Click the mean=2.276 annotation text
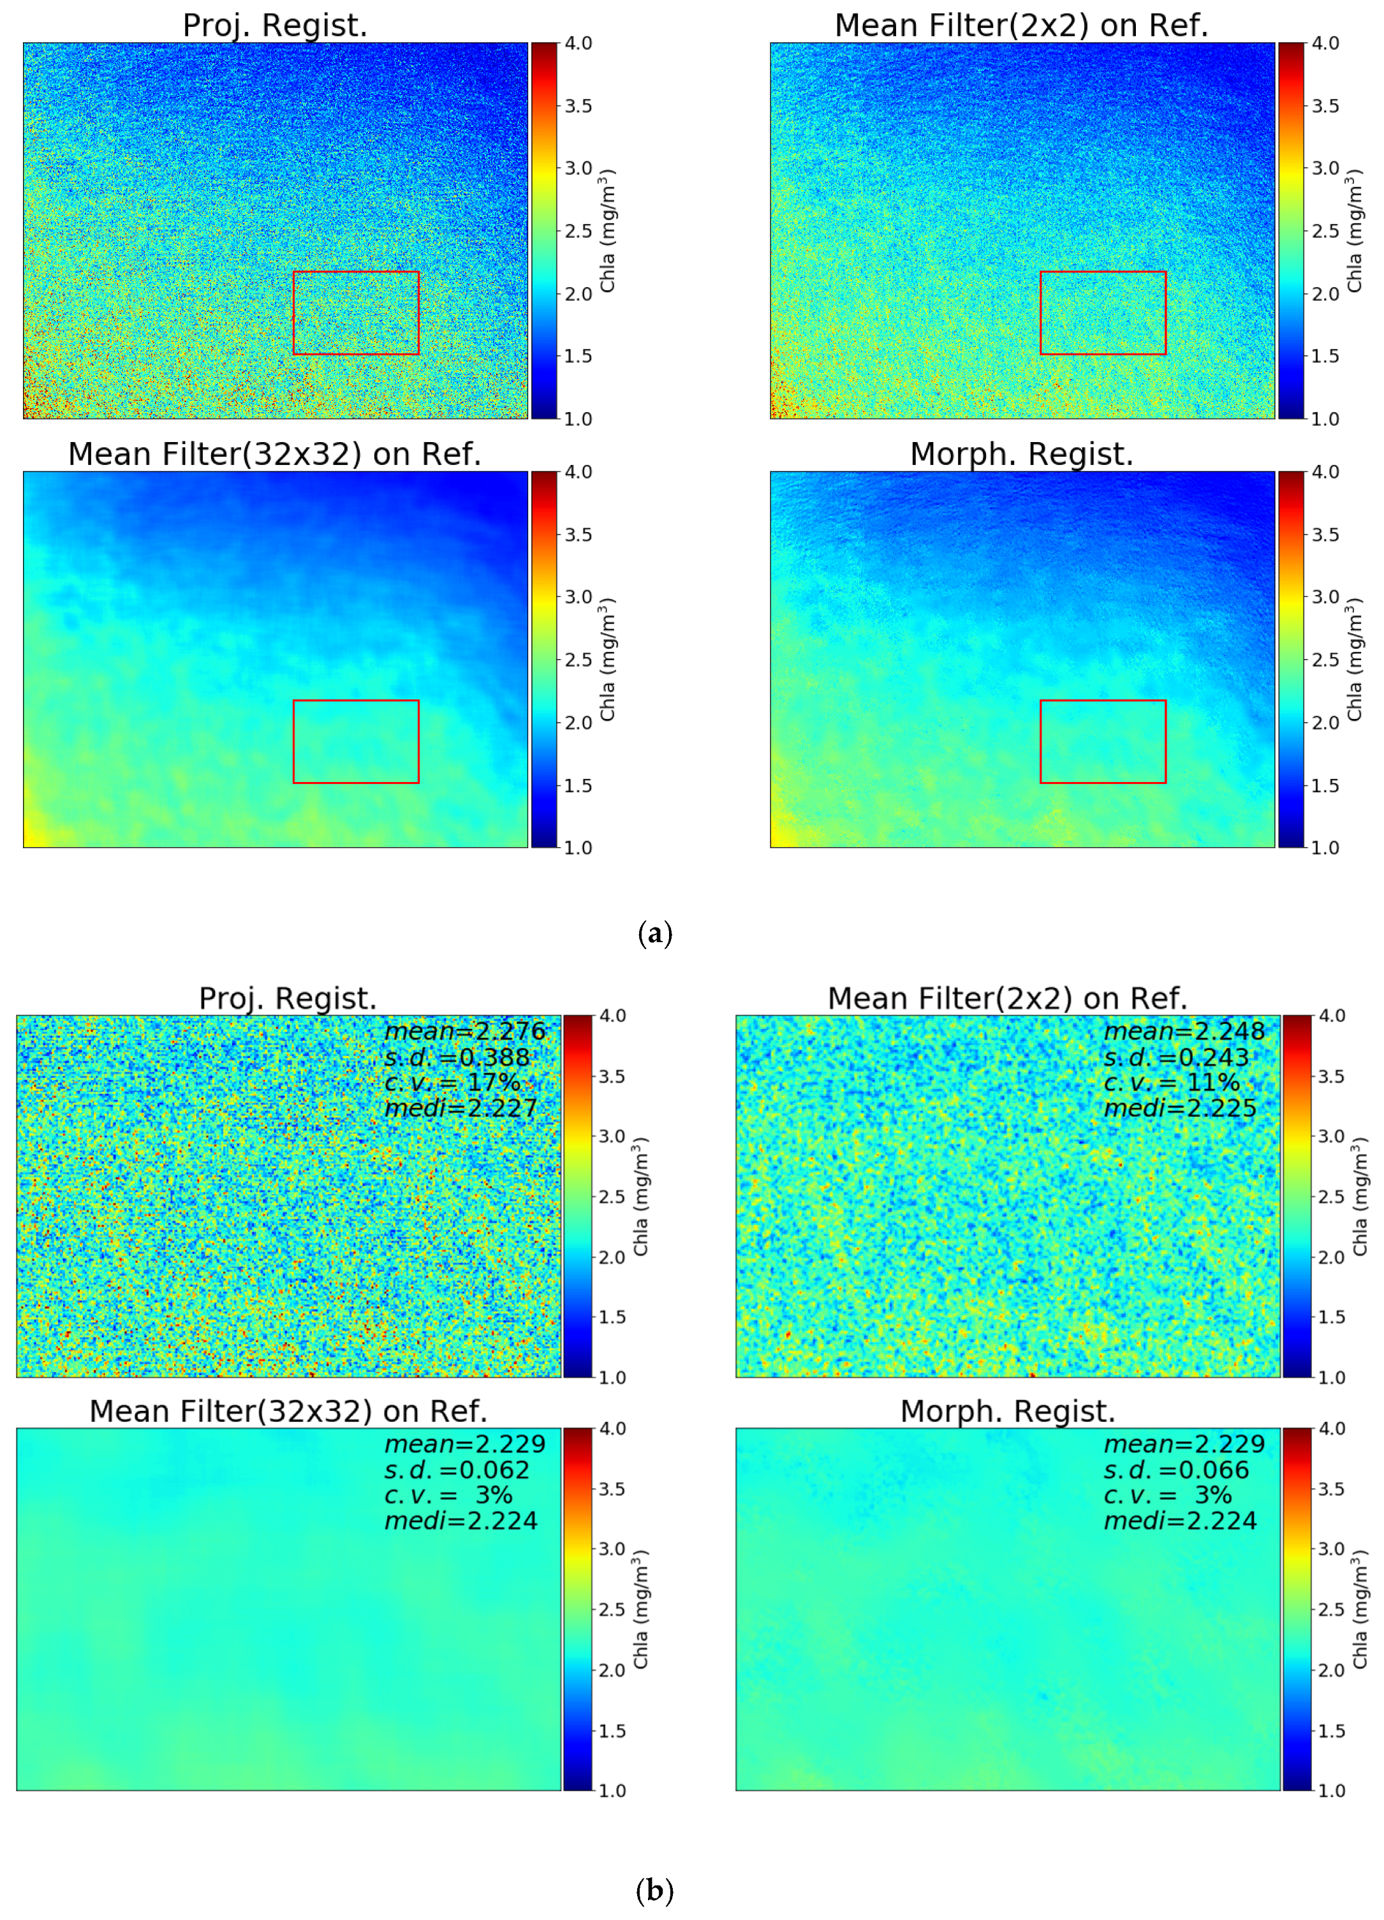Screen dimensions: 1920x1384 point(465,1031)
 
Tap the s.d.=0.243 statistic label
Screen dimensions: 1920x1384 point(1176,1058)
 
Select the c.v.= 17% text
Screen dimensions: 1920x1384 point(452,1082)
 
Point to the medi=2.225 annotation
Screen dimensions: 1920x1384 point(1180,1108)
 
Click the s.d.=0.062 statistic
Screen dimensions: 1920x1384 point(456,1470)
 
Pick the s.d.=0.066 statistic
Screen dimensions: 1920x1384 point(1176,1470)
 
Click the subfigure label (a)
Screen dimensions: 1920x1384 point(654,934)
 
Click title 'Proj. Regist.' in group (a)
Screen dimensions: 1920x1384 point(275,26)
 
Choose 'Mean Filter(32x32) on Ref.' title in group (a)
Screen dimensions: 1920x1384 point(275,455)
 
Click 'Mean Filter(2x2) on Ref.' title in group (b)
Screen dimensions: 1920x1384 point(1007,998)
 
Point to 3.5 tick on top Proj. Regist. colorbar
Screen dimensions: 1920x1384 point(578,106)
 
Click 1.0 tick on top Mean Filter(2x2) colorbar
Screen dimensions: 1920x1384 point(1325,419)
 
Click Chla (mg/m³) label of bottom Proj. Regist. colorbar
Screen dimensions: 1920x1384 point(641,1196)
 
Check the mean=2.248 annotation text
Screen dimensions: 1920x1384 point(1184,1031)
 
